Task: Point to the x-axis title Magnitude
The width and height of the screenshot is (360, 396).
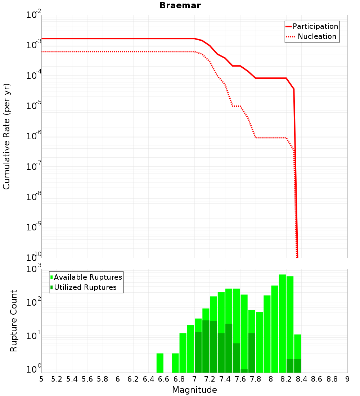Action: tap(194, 390)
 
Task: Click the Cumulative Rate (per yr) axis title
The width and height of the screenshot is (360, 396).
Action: tap(6, 136)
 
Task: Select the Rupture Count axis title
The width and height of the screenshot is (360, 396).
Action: tap(14, 320)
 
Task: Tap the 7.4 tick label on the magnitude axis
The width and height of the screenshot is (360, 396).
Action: tap(225, 379)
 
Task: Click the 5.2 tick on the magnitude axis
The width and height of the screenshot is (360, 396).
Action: tap(57, 379)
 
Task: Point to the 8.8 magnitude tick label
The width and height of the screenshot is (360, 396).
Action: tap(332, 379)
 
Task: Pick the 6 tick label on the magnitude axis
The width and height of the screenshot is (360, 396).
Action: tap(118, 379)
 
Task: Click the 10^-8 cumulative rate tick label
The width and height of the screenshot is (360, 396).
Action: tap(35, 197)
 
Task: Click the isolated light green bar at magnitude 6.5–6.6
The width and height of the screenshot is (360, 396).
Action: tap(160, 363)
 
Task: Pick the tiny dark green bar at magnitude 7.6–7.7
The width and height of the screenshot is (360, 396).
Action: tap(244, 371)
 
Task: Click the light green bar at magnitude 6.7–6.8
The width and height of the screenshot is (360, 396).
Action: tap(175, 363)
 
